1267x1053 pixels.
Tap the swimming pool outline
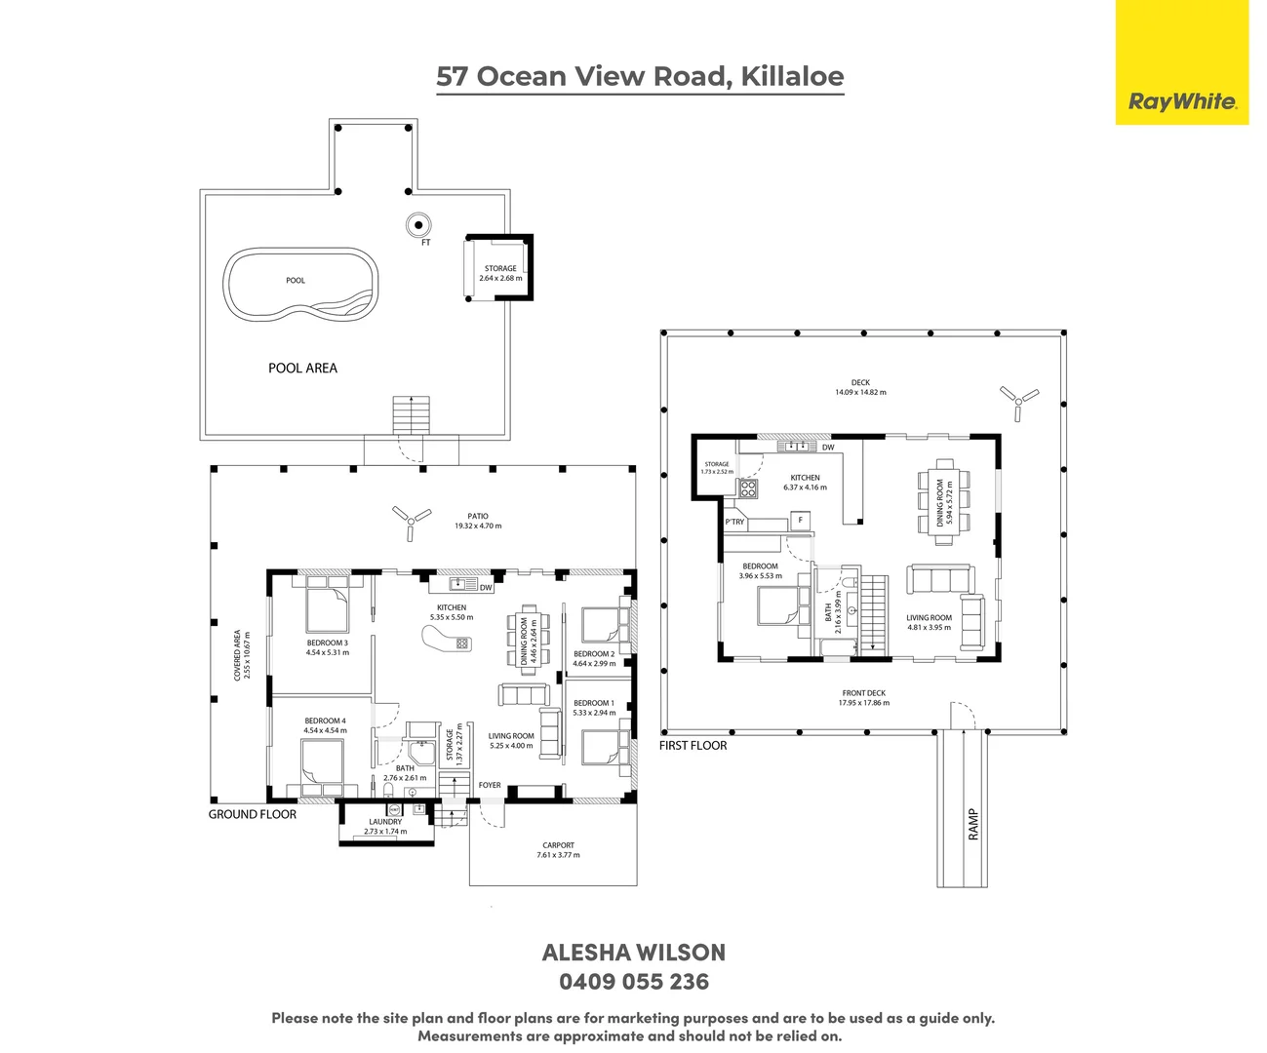click(225, 285)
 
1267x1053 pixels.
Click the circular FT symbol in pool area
click(418, 225)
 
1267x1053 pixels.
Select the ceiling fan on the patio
click(411, 521)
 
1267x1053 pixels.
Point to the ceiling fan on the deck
click(1018, 402)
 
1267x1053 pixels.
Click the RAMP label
click(973, 824)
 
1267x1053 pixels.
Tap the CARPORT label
click(558, 845)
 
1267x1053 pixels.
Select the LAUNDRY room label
click(385, 821)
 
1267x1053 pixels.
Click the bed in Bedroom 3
click(328, 604)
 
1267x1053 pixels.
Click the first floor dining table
click(943, 501)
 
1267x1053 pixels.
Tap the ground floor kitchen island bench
click(446, 639)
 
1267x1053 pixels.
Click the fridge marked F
click(801, 521)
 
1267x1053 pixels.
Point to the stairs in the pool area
click(411, 415)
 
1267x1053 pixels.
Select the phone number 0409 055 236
click(634, 981)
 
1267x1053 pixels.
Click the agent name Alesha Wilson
click(634, 952)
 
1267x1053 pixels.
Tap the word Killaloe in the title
click(792, 76)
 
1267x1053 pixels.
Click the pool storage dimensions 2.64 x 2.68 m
click(500, 279)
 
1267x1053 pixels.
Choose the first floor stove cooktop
click(748, 488)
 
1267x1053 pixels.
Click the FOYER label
click(490, 785)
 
